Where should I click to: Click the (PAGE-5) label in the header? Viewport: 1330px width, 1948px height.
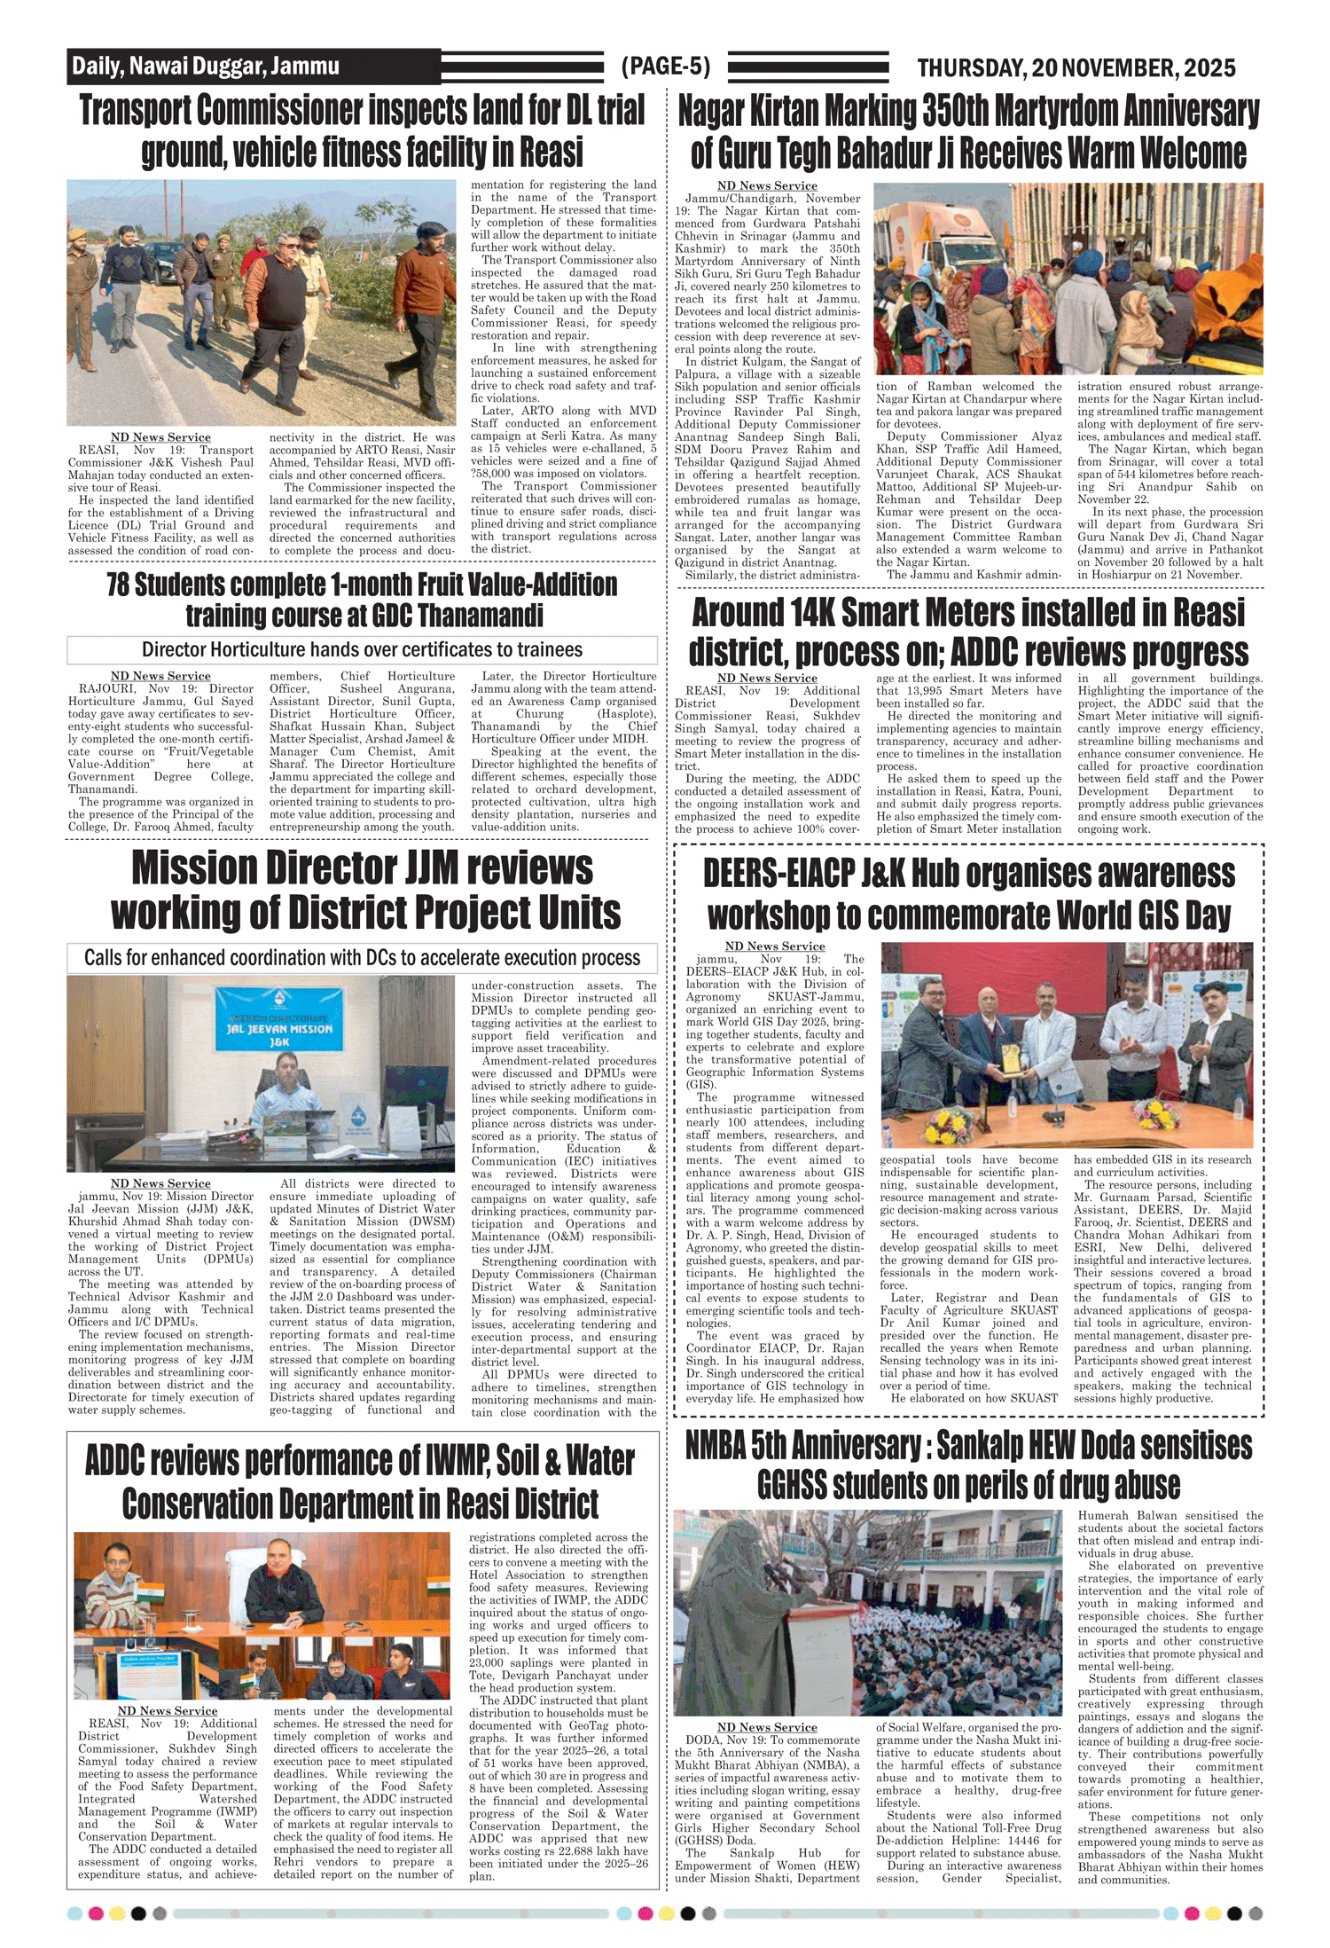665,67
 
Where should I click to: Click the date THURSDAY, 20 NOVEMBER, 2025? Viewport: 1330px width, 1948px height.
1076,67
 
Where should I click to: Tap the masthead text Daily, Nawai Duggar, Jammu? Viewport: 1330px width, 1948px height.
206,67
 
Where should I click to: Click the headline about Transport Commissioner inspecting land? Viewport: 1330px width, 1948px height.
362,131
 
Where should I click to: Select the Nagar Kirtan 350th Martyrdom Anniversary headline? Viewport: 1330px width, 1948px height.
968,132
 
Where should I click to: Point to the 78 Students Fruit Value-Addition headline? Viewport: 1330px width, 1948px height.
362,600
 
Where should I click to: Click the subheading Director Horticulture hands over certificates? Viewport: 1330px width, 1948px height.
362,650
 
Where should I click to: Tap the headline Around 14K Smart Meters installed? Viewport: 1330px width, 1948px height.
968,632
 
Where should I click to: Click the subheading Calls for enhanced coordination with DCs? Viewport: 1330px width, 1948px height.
362,958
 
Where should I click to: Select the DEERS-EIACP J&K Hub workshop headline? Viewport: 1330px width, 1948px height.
968,894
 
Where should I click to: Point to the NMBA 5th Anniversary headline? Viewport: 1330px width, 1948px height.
968,1465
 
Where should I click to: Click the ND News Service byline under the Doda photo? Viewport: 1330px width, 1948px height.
767,1727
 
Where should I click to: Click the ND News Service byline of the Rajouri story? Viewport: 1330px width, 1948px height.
160,676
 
